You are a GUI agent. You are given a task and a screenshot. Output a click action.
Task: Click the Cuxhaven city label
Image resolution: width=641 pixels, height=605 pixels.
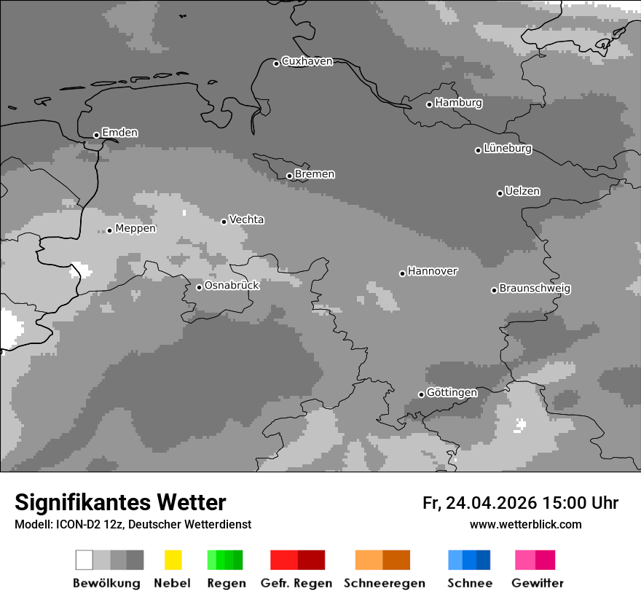coord(307,61)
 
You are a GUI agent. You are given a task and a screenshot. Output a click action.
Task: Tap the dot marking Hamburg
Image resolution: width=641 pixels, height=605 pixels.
coord(429,104)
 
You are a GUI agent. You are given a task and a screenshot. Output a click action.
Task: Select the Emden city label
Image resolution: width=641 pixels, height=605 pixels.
coord(119,133)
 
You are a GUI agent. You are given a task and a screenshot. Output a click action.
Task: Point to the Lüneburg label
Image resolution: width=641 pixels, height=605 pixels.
coord(508,149)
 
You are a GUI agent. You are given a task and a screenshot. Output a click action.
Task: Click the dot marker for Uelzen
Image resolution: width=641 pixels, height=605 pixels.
coord(500,193)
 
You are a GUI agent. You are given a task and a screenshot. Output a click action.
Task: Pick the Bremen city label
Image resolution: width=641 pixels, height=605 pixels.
coord(315,174)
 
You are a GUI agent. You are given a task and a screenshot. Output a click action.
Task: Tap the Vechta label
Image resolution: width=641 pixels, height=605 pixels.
coord(247,219)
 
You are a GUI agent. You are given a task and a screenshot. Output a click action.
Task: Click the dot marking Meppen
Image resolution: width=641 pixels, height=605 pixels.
coord(109,230)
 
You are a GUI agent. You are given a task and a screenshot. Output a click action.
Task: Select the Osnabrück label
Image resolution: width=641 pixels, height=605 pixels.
coord(232,285)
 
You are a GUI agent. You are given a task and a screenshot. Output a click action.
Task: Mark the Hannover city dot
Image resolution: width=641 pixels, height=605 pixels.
coord(402,273)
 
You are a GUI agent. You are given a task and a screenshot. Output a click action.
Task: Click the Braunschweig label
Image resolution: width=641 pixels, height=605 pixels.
coord(535,289)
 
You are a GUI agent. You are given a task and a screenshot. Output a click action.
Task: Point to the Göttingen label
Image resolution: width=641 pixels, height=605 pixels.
coord(452,393)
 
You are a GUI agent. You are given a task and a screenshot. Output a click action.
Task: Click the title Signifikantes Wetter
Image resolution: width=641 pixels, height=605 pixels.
coord(120,502)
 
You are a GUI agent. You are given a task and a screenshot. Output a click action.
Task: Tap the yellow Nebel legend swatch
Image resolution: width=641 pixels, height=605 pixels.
coord(173,560)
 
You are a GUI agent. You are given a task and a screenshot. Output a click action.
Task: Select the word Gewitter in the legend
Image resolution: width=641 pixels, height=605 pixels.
coord(538,583)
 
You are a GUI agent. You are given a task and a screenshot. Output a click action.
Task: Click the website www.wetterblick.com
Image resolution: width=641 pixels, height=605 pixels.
coord(525,525)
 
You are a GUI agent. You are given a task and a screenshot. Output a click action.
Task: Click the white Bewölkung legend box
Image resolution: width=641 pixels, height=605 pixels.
coord(84,560)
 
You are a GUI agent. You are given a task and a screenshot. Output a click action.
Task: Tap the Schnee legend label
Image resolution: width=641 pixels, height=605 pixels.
coord(470,583)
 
